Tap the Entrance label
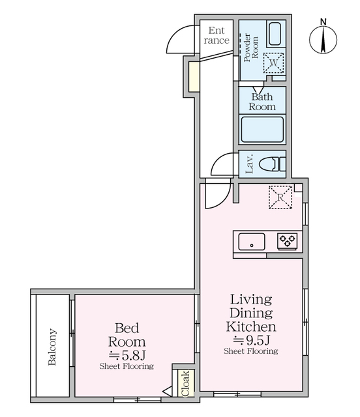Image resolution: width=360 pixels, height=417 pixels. coord(217,35)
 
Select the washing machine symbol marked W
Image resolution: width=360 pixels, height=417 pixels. coord(273,63)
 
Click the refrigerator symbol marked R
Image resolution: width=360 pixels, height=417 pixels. coord(280,197)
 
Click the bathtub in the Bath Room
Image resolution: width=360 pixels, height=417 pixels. coord(262,130)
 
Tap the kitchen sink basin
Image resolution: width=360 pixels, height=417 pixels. coord(252,242)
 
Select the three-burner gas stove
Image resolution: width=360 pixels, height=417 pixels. coord(288,241)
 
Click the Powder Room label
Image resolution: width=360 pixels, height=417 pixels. coord(251,48)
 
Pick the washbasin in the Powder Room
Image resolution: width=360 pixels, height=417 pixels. coord(275,34)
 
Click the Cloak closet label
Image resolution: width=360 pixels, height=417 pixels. coord(185,383)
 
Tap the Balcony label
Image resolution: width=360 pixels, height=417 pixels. coord(52,347)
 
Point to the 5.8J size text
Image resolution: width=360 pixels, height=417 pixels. coord(127,354)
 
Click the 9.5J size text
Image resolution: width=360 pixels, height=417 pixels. coord(252,340)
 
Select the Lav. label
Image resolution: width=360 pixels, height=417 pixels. coord(250,164)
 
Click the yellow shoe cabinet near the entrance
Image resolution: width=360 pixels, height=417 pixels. coord(194,76)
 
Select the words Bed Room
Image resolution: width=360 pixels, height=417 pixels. coord(127,335)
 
